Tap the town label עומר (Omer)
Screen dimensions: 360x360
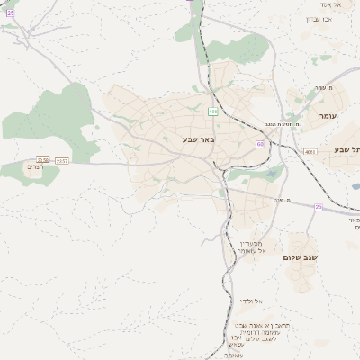(326, 116)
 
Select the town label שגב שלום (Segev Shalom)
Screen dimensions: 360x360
(300, 257)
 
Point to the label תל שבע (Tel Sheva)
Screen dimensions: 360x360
(346, 149)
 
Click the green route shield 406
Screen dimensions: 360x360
(212, 112)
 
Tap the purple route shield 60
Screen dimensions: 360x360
(260, 144)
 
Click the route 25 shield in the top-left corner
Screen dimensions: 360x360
(10, 13)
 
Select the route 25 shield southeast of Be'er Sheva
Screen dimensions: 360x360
(318, 207)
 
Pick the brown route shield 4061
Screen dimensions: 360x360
(310, 152)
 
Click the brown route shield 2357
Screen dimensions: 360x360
(62, 160)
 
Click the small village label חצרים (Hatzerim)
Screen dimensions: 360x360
(34, 167)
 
